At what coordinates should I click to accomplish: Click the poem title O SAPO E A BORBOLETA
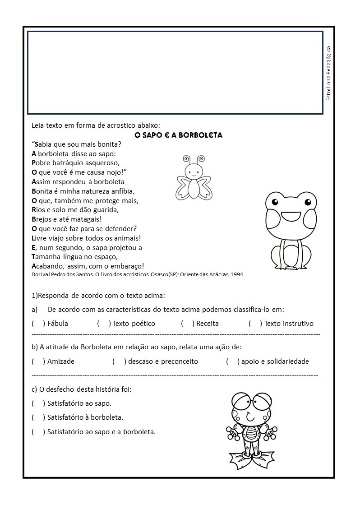[x=179, y=135]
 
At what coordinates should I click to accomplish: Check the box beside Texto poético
[x=104, y=324]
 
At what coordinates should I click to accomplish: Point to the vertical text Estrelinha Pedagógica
[x=328, y=73]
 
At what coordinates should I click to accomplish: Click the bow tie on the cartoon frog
[x=250, y=423]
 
